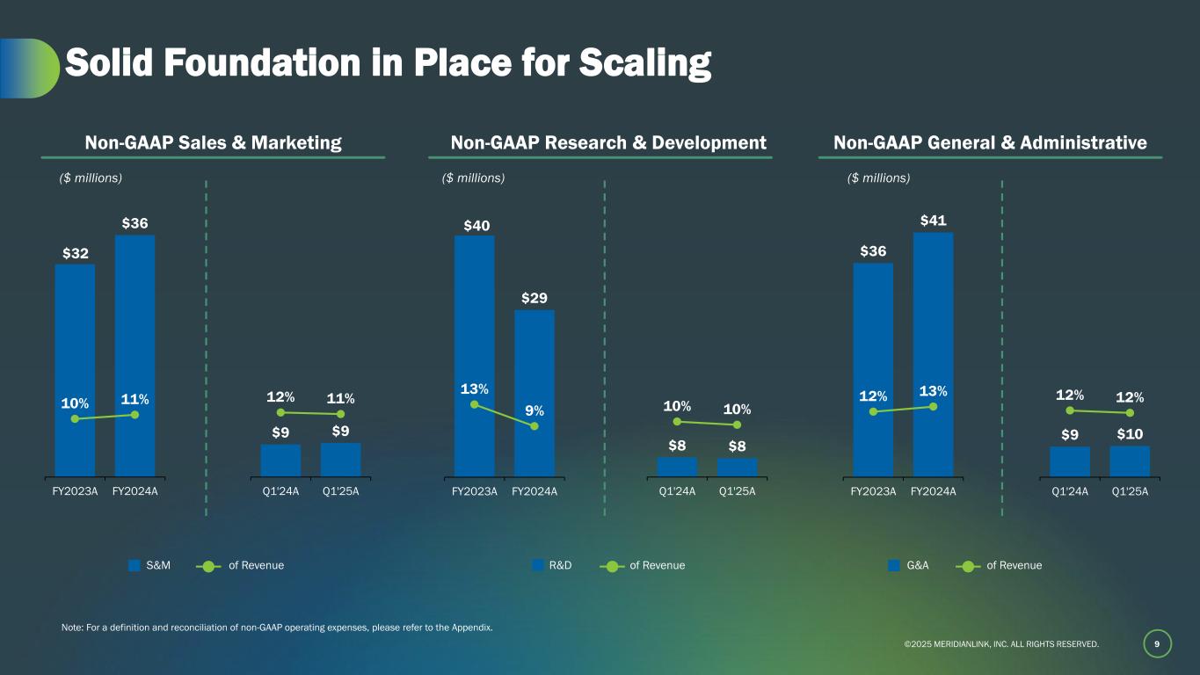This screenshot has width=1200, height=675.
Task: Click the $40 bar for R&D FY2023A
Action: (474, 352)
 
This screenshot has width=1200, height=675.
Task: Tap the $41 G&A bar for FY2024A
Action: (933, 352)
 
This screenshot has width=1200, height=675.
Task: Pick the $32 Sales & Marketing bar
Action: (75, 369)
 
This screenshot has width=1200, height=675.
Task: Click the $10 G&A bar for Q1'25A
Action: (1130, 461)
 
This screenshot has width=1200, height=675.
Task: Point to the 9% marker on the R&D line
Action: (535, 426)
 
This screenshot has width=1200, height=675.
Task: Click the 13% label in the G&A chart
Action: (934, 390)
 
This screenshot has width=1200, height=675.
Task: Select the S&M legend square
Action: (135, 566)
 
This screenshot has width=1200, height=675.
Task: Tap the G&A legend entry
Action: (909, 566)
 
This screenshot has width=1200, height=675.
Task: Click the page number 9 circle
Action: (1157, 644)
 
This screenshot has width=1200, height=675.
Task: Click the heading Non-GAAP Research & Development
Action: (608, 142)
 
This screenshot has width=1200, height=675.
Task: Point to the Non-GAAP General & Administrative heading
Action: (990, 142)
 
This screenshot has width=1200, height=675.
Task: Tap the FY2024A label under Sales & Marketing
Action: (135, 491)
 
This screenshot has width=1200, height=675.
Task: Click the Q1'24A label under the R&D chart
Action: (677, 491)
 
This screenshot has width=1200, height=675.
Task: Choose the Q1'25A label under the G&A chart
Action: (1130, 491)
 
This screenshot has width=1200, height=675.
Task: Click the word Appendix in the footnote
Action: (471, 628)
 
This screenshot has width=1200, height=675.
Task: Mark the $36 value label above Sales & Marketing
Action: (135, 223)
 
